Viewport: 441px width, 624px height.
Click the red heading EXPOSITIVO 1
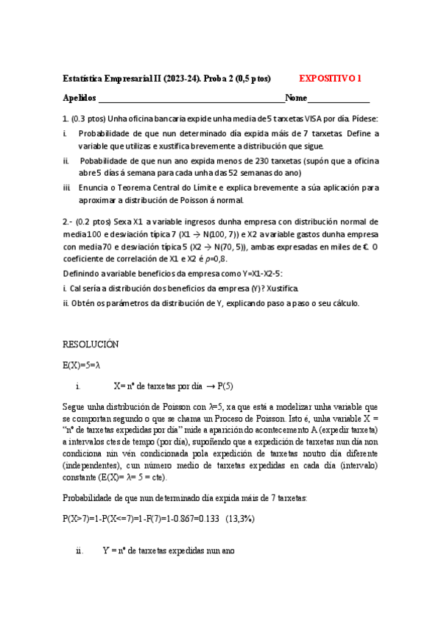[x=331, y=78]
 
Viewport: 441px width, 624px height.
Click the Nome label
[x=296, y=98]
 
